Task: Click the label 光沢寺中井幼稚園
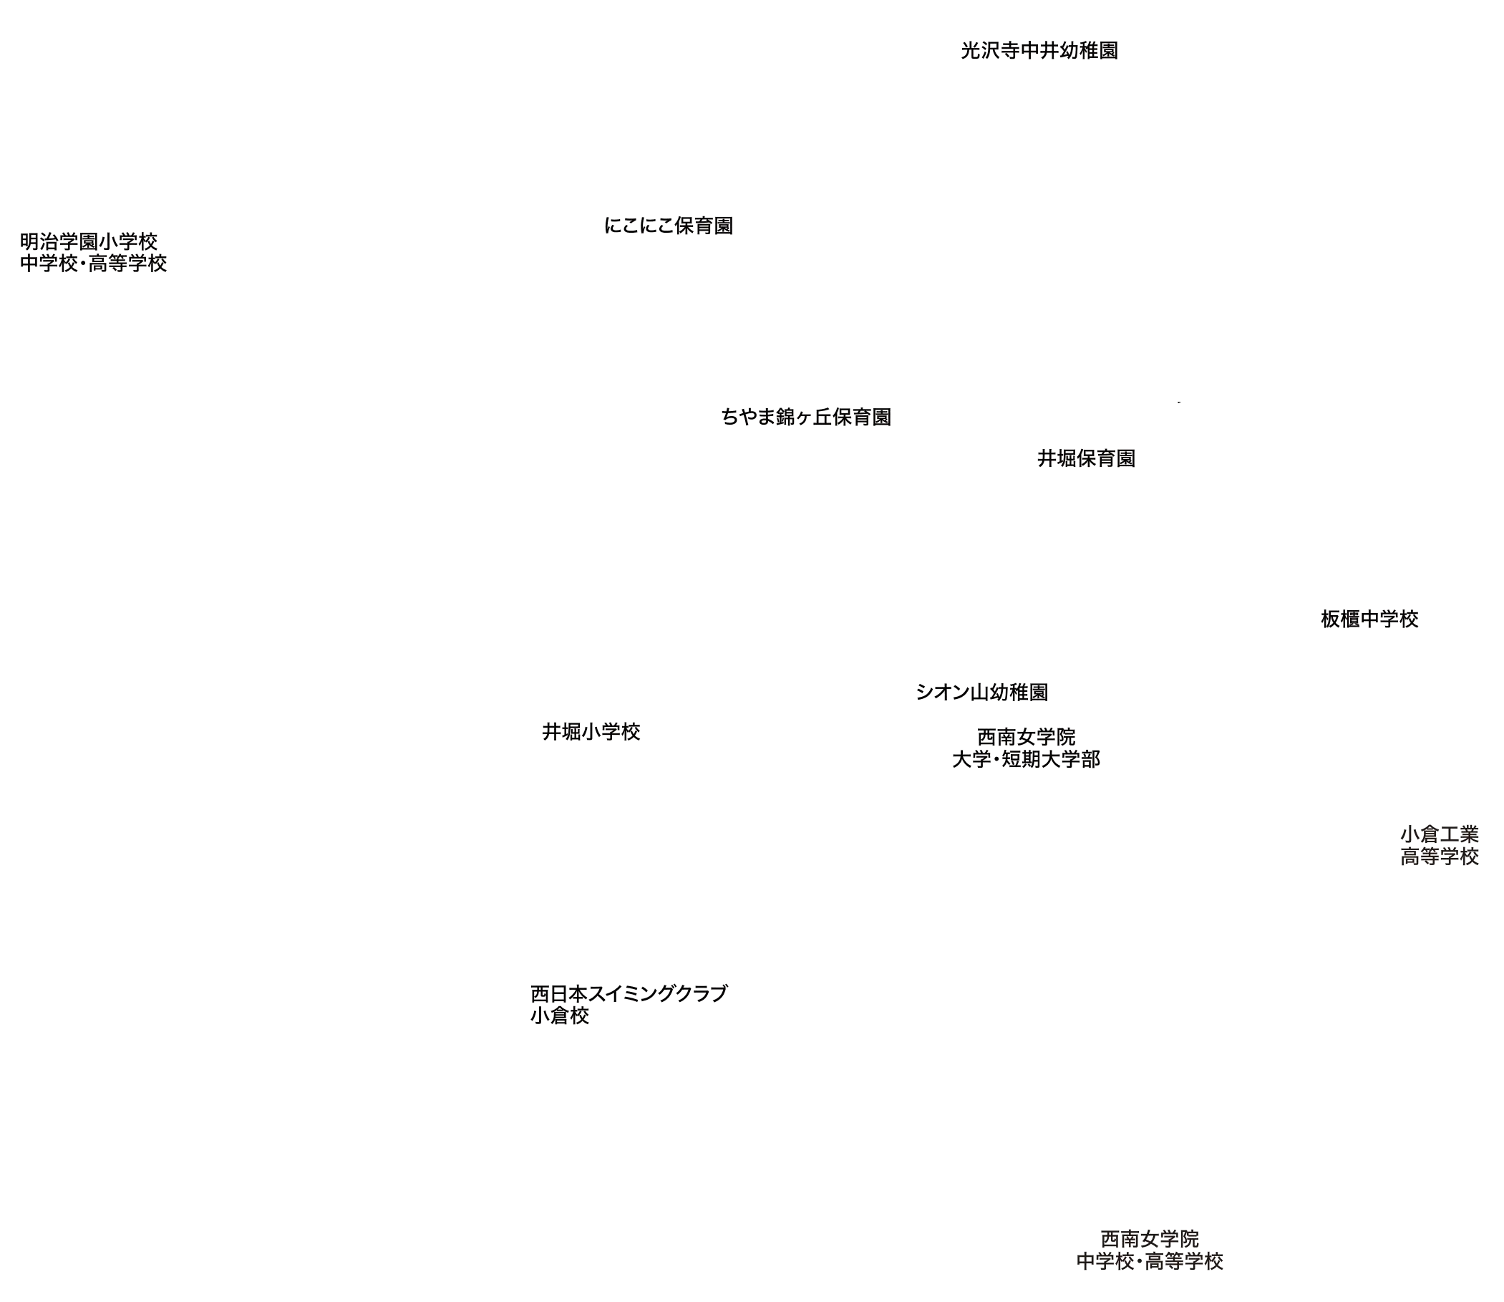(1039, 52)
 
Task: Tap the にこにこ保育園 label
(667, 226)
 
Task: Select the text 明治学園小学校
(89, 241)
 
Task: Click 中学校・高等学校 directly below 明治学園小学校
(94, 263)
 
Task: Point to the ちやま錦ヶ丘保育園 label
(806, 418)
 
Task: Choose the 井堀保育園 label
(1086, 458)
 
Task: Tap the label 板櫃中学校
(1369, 619)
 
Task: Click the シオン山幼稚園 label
(982, 693)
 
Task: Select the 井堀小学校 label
(591, 733)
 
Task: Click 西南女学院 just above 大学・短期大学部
(1026, 737)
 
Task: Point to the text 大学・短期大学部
(1025, 759)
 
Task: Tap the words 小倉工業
(1439, 834)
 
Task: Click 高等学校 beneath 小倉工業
(1439, 857)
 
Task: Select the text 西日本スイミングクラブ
(629, 993)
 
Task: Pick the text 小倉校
(559, 1016)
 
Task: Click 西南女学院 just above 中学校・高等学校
(1150, 1238)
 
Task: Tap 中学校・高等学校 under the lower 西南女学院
(1150, 1260)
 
